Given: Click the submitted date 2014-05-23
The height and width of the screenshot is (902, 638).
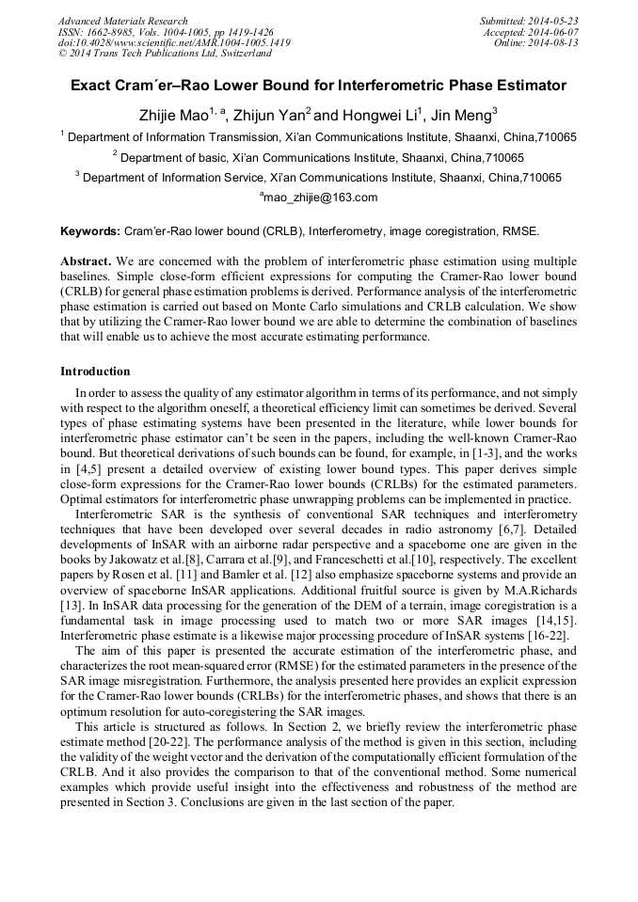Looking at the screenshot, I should [553, 21].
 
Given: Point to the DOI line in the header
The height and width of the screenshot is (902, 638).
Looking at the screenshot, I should [174, 43].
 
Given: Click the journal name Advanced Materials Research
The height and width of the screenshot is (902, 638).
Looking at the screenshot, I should [122, 21].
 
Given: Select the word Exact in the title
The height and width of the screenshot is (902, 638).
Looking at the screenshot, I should [90, 86].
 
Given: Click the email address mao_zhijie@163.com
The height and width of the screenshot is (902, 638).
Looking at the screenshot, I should [319, 198].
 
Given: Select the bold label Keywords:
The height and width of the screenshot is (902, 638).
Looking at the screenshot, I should [90, 230].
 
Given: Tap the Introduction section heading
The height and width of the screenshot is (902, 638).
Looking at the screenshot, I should [95, 372].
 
